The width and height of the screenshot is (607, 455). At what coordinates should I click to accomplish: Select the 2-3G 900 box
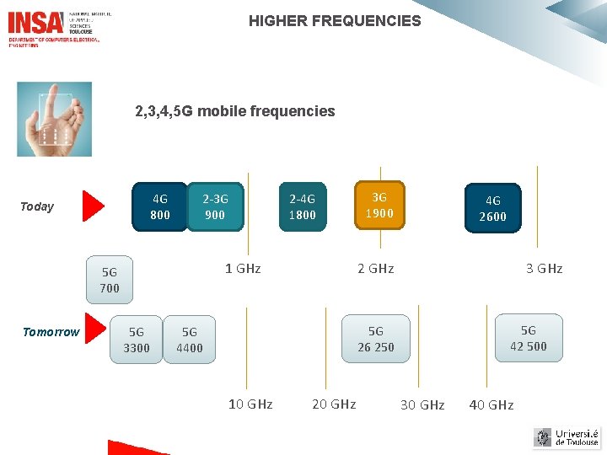pyautogui.click(x=215, y=206)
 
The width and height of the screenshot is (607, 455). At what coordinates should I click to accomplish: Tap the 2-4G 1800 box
pyautogui.click(x=302, y=206)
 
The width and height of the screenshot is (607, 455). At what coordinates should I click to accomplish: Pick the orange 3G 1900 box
pyautogui.click(x=379, y=205)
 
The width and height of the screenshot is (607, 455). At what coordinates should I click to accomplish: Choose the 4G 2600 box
pyautogui.click(x=492, y=208)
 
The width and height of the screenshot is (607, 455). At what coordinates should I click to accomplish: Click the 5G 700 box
pyautogui.click(x=110, y=280)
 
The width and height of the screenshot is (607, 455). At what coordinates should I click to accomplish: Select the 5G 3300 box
pyautogui.click(x=136, y=340)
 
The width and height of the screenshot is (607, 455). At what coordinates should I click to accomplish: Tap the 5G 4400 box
pyautogui.click(x=190, y=340)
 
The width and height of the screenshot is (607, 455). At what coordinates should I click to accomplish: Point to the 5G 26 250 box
pyautogui.click(x=375, y=339)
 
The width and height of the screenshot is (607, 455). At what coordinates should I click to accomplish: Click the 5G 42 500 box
pyautogui.click(x=528, y=338)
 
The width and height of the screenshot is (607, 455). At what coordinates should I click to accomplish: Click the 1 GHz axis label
pyautogui.click(x=243, y=269)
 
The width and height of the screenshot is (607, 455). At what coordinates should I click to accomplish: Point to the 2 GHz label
pyautogui.click(x=375, y=269)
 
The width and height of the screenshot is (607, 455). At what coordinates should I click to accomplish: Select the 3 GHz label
pyautogui.click(x=544, y=269)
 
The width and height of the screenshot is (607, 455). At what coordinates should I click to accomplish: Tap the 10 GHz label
pyautogui.click(x=250, y=404)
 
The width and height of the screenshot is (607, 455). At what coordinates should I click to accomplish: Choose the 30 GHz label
pyautogui.click(x=422, y=405)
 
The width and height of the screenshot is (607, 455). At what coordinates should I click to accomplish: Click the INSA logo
pyautogui.click(x=35, y=22)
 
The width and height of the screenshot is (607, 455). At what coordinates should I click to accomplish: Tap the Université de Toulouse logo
pyautogui.click(x=567, y=437)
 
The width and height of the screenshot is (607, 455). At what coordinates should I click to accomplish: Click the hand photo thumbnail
pyautogui.click(x=54, y=119)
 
